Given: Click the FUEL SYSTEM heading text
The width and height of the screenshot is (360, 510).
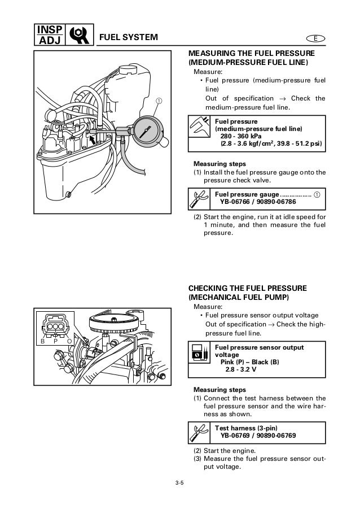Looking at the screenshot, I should click(x=129, y=38).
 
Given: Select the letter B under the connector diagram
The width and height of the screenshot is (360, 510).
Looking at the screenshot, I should click(x=42, y=341).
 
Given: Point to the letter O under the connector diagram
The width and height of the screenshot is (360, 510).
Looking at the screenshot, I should click(x=69, y=341).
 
